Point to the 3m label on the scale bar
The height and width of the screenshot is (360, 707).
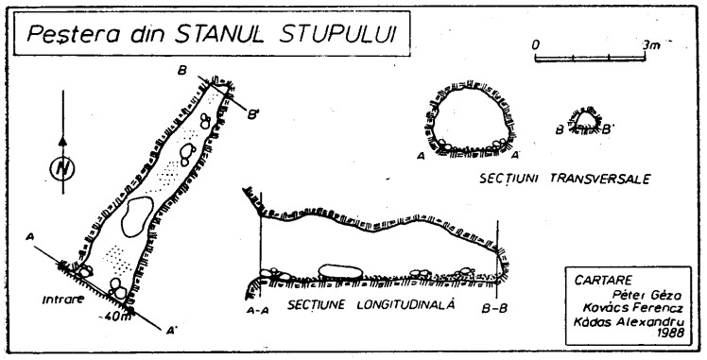tap(650, 43)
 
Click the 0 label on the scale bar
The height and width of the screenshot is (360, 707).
tap(536, 43)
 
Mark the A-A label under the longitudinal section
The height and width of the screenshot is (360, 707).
tap(260, 308)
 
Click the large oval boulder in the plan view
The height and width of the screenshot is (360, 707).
tap(137, 215)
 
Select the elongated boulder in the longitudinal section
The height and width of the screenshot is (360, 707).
tap(341, 271)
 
